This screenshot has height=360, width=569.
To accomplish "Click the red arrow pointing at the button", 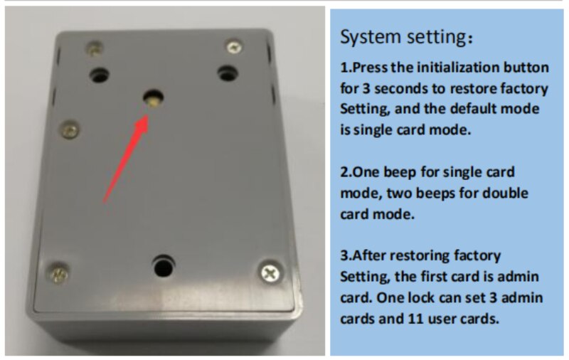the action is tap(126, 159).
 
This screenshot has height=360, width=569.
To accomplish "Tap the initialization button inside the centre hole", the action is tap(154, 101).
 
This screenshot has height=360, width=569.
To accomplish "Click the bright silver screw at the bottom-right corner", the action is tap(270, 272).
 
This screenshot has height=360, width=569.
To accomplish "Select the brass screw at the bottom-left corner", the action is tap(58, 274).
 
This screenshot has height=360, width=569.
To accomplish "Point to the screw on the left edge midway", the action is tap(70, 129).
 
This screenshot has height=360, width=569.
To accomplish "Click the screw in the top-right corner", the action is tap(234, 47).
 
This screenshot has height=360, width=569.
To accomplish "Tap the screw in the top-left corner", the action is tap(94, 49).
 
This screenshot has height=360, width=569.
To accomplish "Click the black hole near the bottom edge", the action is tap(164, 266).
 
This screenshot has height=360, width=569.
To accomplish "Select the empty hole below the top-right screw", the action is tap(228, 74).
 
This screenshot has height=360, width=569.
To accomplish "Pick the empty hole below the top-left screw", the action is tap(100, 75).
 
